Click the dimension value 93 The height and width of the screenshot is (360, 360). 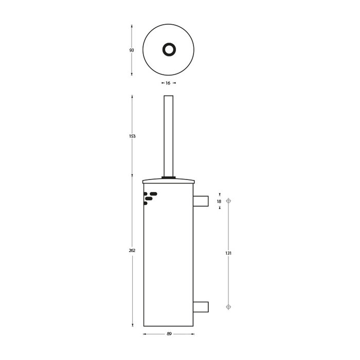coord(132,50)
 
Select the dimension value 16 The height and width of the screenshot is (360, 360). coord(168,82)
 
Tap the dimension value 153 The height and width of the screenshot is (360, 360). coord(132,136)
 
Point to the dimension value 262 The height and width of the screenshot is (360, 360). coord(132,250)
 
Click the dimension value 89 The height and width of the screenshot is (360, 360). coord(168,334)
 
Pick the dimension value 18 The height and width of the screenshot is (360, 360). coord(219,201)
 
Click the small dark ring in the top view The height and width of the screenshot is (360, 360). coord(168,50)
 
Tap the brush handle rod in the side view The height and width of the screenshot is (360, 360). coord(168,136)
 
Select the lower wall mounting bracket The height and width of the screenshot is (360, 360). coord(201,307)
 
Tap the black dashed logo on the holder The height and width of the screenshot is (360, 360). coord(150,197)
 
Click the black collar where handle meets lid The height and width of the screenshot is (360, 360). coord(168,177)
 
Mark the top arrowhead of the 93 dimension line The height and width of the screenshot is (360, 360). coord(132,26)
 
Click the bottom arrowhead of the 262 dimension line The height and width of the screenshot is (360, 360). coord(132,325)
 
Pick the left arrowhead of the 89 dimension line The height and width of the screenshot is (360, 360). coord(143,334)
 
